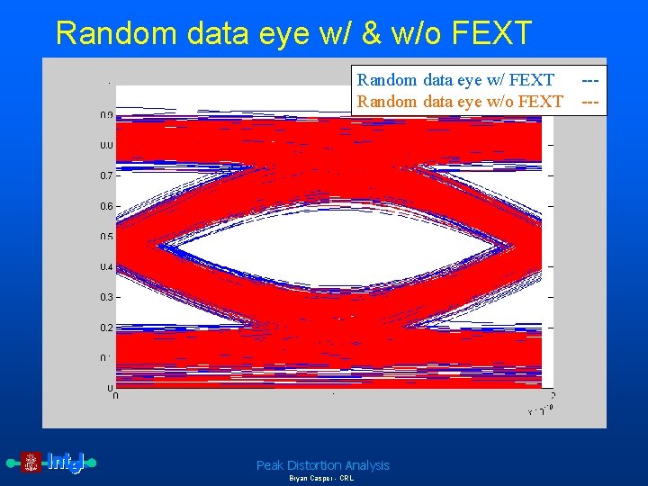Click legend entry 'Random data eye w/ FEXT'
coord(455,81)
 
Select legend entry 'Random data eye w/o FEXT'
coord(460,102)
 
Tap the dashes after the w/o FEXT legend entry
coord(590,102)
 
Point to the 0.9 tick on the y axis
coord(106,115)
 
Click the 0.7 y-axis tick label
coord(106,175)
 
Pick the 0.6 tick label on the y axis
coord(106,206)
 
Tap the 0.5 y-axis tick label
coord(106,237)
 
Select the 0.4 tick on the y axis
coord(106,267)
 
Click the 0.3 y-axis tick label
coord(106,297)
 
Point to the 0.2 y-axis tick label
coord(106,328)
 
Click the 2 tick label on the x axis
coord(552,396)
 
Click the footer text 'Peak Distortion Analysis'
coord(322,465)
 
